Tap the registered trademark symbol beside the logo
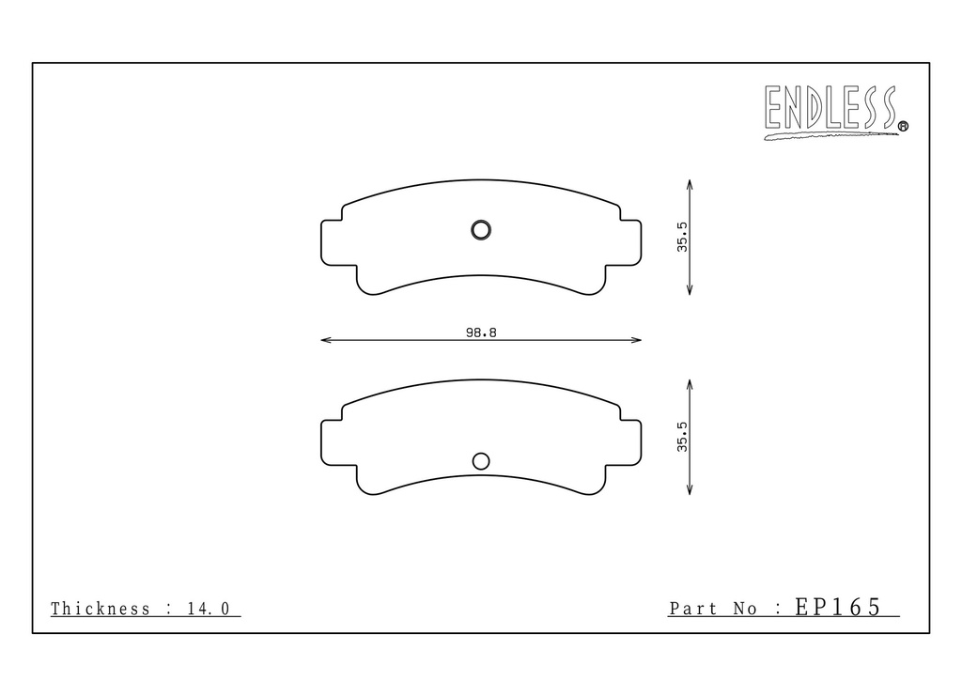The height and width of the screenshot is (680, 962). pyautogui.click(x=903, y=127)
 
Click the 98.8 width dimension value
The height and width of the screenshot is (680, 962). pyautogui.click(x=481, y=332)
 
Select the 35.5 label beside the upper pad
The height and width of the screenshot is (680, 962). pyautogui.click(x=682, y=237)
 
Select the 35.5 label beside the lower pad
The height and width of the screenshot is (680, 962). pyautogui.click(x=682, y=437)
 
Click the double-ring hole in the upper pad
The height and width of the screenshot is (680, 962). pyautogui.click(x=481, y=230)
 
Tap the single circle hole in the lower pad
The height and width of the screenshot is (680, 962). pyautogui.click(x=481, y=461)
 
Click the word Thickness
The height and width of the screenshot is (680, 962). pyautogui.click(x=100, y=609)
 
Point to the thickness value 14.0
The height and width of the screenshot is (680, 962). pyautogui.click(x=208, y=609)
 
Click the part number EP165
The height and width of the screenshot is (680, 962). pyautogui.click(x=838, y=607)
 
